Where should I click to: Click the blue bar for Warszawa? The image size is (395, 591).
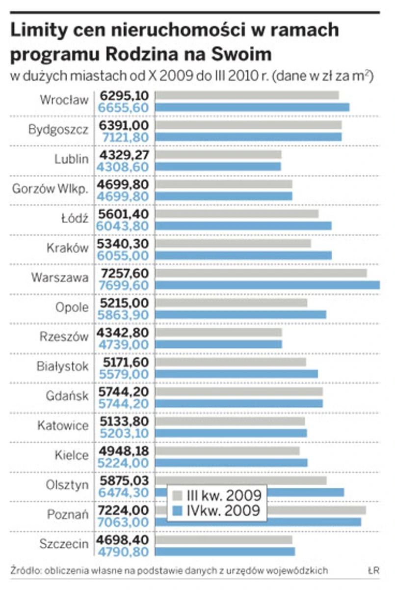point(267,285)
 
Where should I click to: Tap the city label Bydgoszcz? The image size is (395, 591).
point(58,130)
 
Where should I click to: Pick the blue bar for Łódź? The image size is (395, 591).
point(243,225)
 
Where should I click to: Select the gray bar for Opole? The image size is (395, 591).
point(231,303)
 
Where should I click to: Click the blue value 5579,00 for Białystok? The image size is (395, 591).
point(124,374)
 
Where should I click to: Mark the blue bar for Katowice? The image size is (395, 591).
point(231,433)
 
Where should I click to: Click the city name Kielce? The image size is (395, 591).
point(72,455)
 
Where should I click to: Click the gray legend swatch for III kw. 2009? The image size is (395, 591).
point(178,494)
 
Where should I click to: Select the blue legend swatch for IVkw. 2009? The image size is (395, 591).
point(178,511)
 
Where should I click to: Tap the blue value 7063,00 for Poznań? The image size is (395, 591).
point(124,522)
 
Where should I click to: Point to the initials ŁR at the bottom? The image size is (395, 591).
point(373,571)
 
